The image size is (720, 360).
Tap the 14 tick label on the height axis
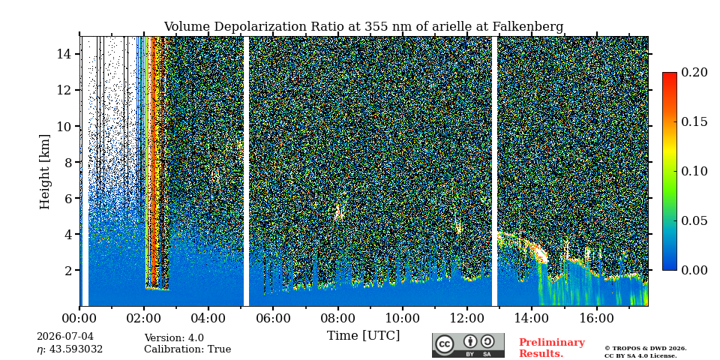[64, 54]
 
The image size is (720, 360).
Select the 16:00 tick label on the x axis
[596, 318]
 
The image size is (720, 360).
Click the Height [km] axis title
[44, 172]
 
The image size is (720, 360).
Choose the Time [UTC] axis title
[363, 336]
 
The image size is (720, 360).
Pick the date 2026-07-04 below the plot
[64, 337]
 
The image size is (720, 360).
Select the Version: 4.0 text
[174, 338]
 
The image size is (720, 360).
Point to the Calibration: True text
[187, 349]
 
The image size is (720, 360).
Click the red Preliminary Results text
[552, 348]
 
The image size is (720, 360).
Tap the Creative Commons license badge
[468, 345]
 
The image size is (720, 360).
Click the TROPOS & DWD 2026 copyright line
[645, 349]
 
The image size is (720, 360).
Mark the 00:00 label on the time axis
[80, 318]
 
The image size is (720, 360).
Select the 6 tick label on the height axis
[69, 198]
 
